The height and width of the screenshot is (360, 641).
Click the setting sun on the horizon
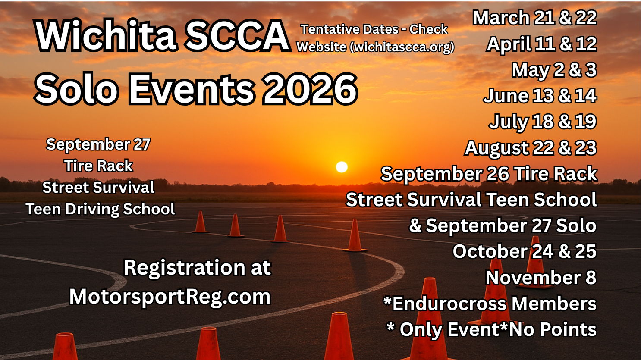pos(341,167)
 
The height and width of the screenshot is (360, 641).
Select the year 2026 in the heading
pos(310,88)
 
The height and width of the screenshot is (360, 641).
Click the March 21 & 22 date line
pos(534,18)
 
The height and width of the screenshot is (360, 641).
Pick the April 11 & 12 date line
pos(541,44)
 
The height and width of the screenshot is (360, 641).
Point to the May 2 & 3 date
pos(554,70)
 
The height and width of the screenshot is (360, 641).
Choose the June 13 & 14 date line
pos(540,96)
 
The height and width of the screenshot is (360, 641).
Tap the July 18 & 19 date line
pos(543,122)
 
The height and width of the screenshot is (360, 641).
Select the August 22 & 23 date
pos(531,148)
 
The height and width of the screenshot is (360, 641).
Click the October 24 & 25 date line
pos(525,251)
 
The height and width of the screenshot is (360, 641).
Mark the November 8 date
pos(541,277)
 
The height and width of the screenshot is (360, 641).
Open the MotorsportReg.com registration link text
pos(170,297)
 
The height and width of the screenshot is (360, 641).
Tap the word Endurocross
pos(449,304)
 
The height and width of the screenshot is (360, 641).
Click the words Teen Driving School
pos(101,209)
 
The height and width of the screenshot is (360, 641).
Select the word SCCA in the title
pos(237,35)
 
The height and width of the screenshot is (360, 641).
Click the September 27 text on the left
pos(98,144)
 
